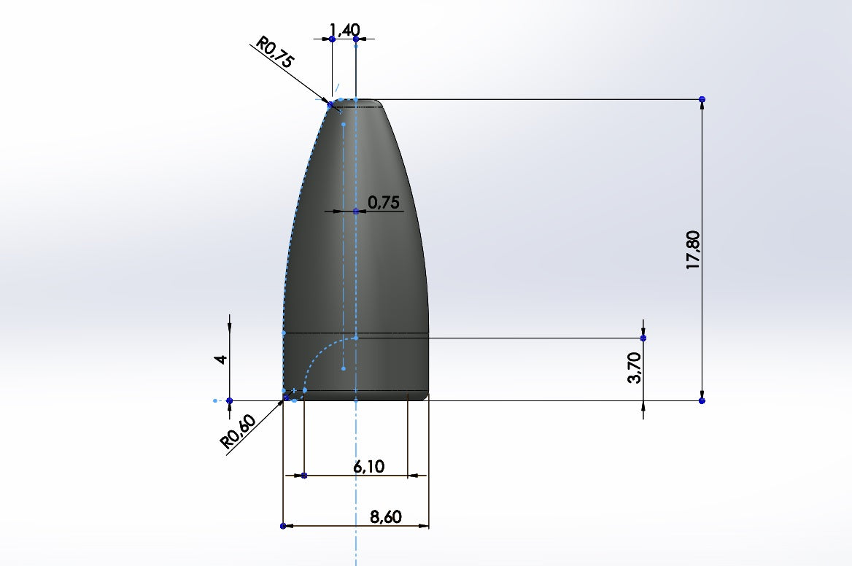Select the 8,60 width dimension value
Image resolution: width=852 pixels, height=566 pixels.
click(x=386, y=517)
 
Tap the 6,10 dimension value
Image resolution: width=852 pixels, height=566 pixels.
click(x=369, y=467)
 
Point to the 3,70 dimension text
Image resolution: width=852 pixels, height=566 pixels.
click(x=634, y=367)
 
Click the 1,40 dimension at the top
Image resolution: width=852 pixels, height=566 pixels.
click(x=344, y=29)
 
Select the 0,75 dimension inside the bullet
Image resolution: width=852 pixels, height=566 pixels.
click(x=384, y=203)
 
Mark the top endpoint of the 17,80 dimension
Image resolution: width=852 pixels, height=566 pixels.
click(x=702, y=98)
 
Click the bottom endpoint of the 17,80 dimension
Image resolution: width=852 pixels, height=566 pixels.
click(x=702, y=400)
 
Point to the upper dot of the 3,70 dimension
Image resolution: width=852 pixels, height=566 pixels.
click(x=643, y=338)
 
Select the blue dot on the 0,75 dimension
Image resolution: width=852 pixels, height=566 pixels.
click(x=355, y=212)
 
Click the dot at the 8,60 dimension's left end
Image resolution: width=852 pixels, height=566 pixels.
click(x=282, y=525)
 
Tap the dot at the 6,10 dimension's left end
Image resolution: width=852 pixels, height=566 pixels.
click(x=304, y=476)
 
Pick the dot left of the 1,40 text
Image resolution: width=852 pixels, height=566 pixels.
click(x=332, y=39)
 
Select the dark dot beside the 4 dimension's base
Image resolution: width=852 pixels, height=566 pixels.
click(x=229, y=400)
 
